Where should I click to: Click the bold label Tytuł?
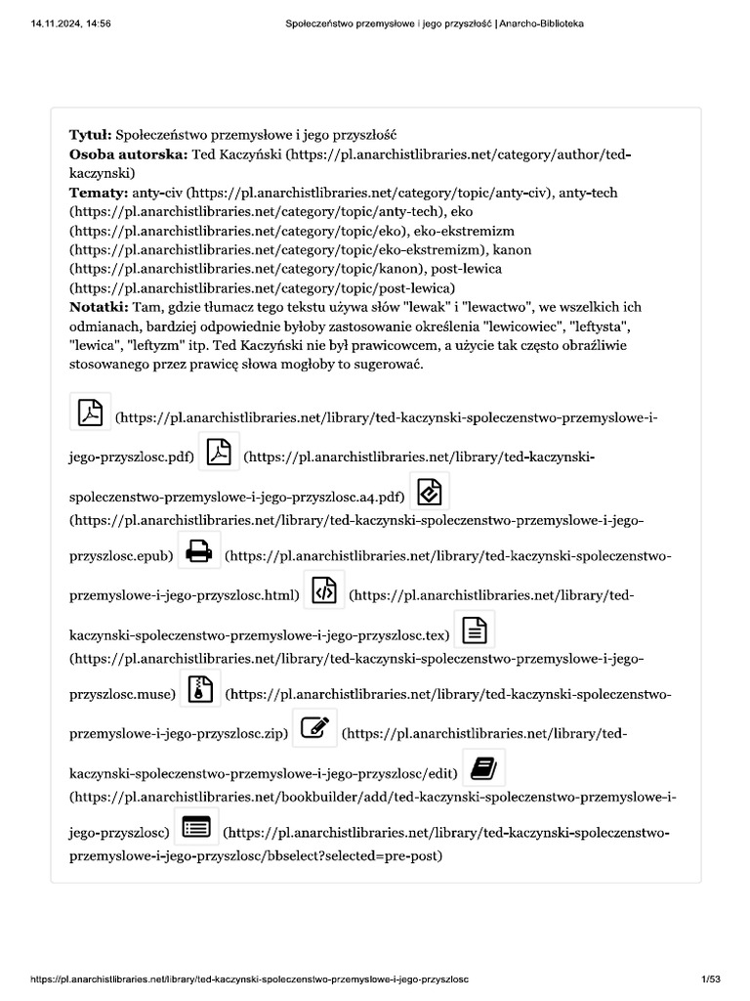click(91, 134)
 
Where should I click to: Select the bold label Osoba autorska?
click(127, 153)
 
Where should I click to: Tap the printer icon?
click(199, 551)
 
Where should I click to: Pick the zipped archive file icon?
click(200, 689)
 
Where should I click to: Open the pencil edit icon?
click(314, 728)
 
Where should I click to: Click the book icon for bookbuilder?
click(483, 768)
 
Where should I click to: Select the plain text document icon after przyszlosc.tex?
click(474, 631)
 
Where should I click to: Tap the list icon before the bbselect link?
click(196, 827)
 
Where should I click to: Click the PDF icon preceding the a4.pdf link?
click(219, 452)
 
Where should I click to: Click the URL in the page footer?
click(251, 979)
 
